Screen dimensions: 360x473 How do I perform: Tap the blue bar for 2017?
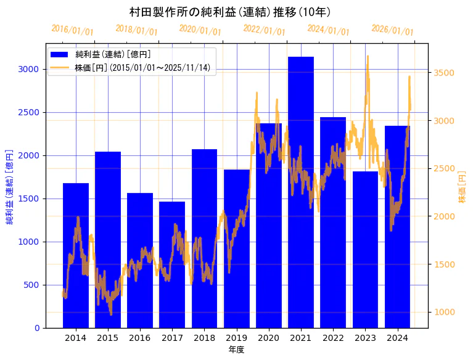point(172,264)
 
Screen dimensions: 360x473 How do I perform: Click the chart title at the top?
point(231,12)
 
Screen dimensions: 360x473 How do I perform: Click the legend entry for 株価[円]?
point(145,68)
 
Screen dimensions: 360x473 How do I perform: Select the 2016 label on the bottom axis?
point(140,338)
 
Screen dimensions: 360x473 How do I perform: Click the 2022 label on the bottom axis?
point(333,338)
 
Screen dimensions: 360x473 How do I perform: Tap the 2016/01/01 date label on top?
point(72,30)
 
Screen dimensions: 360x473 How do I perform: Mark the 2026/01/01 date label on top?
point(392,30)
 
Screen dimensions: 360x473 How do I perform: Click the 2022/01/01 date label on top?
point(264,30)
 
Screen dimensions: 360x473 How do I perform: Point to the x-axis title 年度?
point(236,350)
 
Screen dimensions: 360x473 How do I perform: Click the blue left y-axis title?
point(9,186)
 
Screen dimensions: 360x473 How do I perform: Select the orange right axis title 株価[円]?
point(462,187)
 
